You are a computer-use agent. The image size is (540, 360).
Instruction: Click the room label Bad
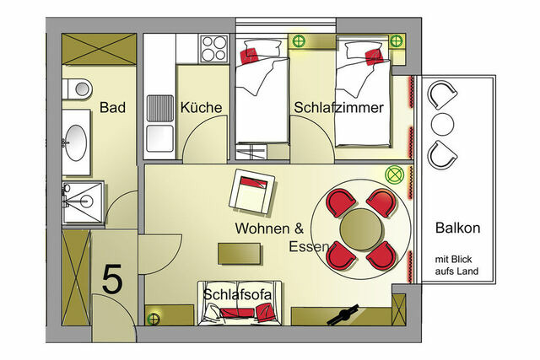(112, 108)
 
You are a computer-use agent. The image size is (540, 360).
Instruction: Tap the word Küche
(201, 108)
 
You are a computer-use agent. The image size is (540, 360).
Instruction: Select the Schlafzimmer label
(339, 108)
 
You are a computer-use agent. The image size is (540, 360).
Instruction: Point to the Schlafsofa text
(236, 295)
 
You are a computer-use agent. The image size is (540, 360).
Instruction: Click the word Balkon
(457, 228)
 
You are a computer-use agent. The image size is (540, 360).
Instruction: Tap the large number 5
(112, 280)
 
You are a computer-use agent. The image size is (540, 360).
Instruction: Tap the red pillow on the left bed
(248, 55)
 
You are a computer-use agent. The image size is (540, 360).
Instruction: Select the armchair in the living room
(252, 192)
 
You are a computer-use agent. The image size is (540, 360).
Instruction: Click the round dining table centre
(361, 228)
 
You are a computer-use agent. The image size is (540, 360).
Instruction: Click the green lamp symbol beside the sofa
(155, 318)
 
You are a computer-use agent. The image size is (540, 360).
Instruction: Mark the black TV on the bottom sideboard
(343, 315)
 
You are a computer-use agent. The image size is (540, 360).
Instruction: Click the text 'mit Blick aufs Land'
(457, 264)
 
